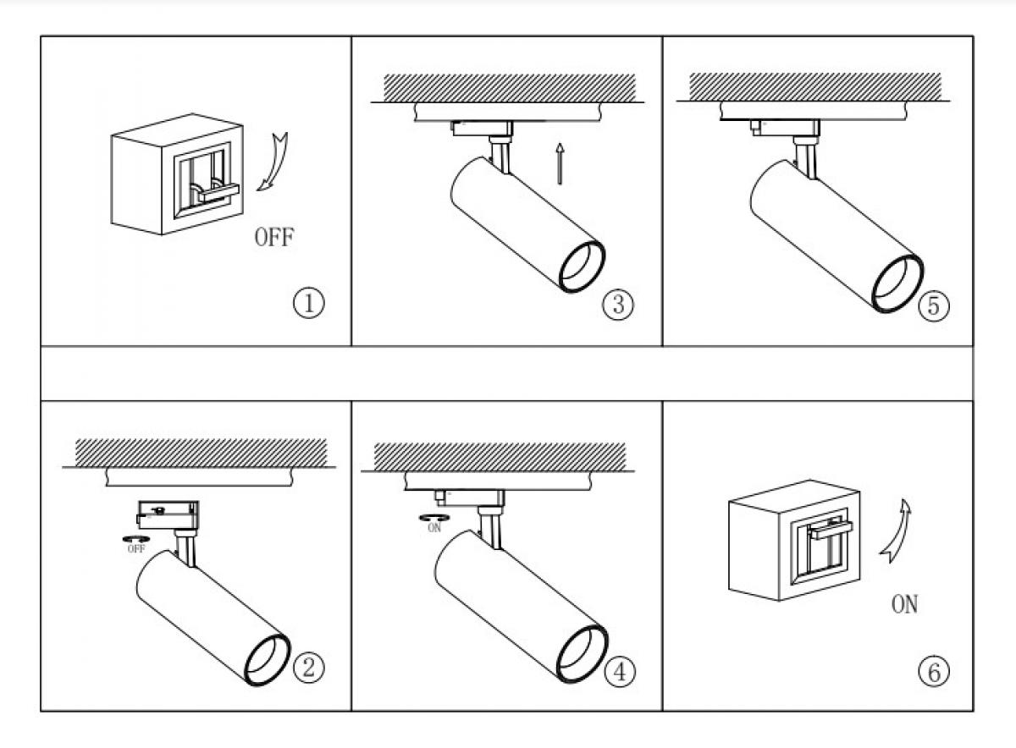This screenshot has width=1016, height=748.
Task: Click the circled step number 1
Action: click(x=309, y=304)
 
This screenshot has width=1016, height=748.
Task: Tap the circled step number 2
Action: click(x=308, y=669)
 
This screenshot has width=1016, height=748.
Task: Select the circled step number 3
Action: click(x=618, y=304)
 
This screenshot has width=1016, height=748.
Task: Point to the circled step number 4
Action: click(x=620, y=671)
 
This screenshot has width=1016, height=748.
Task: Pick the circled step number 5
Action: click(x=933, y=305)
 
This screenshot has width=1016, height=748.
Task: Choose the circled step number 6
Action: click(x=933, y=672)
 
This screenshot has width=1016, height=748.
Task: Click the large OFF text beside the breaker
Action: click(x=274, y=237)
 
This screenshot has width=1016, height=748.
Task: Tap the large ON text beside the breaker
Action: click(x=904, y=605)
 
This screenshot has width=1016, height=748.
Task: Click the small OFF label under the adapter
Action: click(x=135, y=548)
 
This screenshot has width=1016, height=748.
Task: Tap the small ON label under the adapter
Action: click(x=434, y=527)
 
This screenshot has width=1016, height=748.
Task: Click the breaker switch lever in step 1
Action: click(x=217, y=193)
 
